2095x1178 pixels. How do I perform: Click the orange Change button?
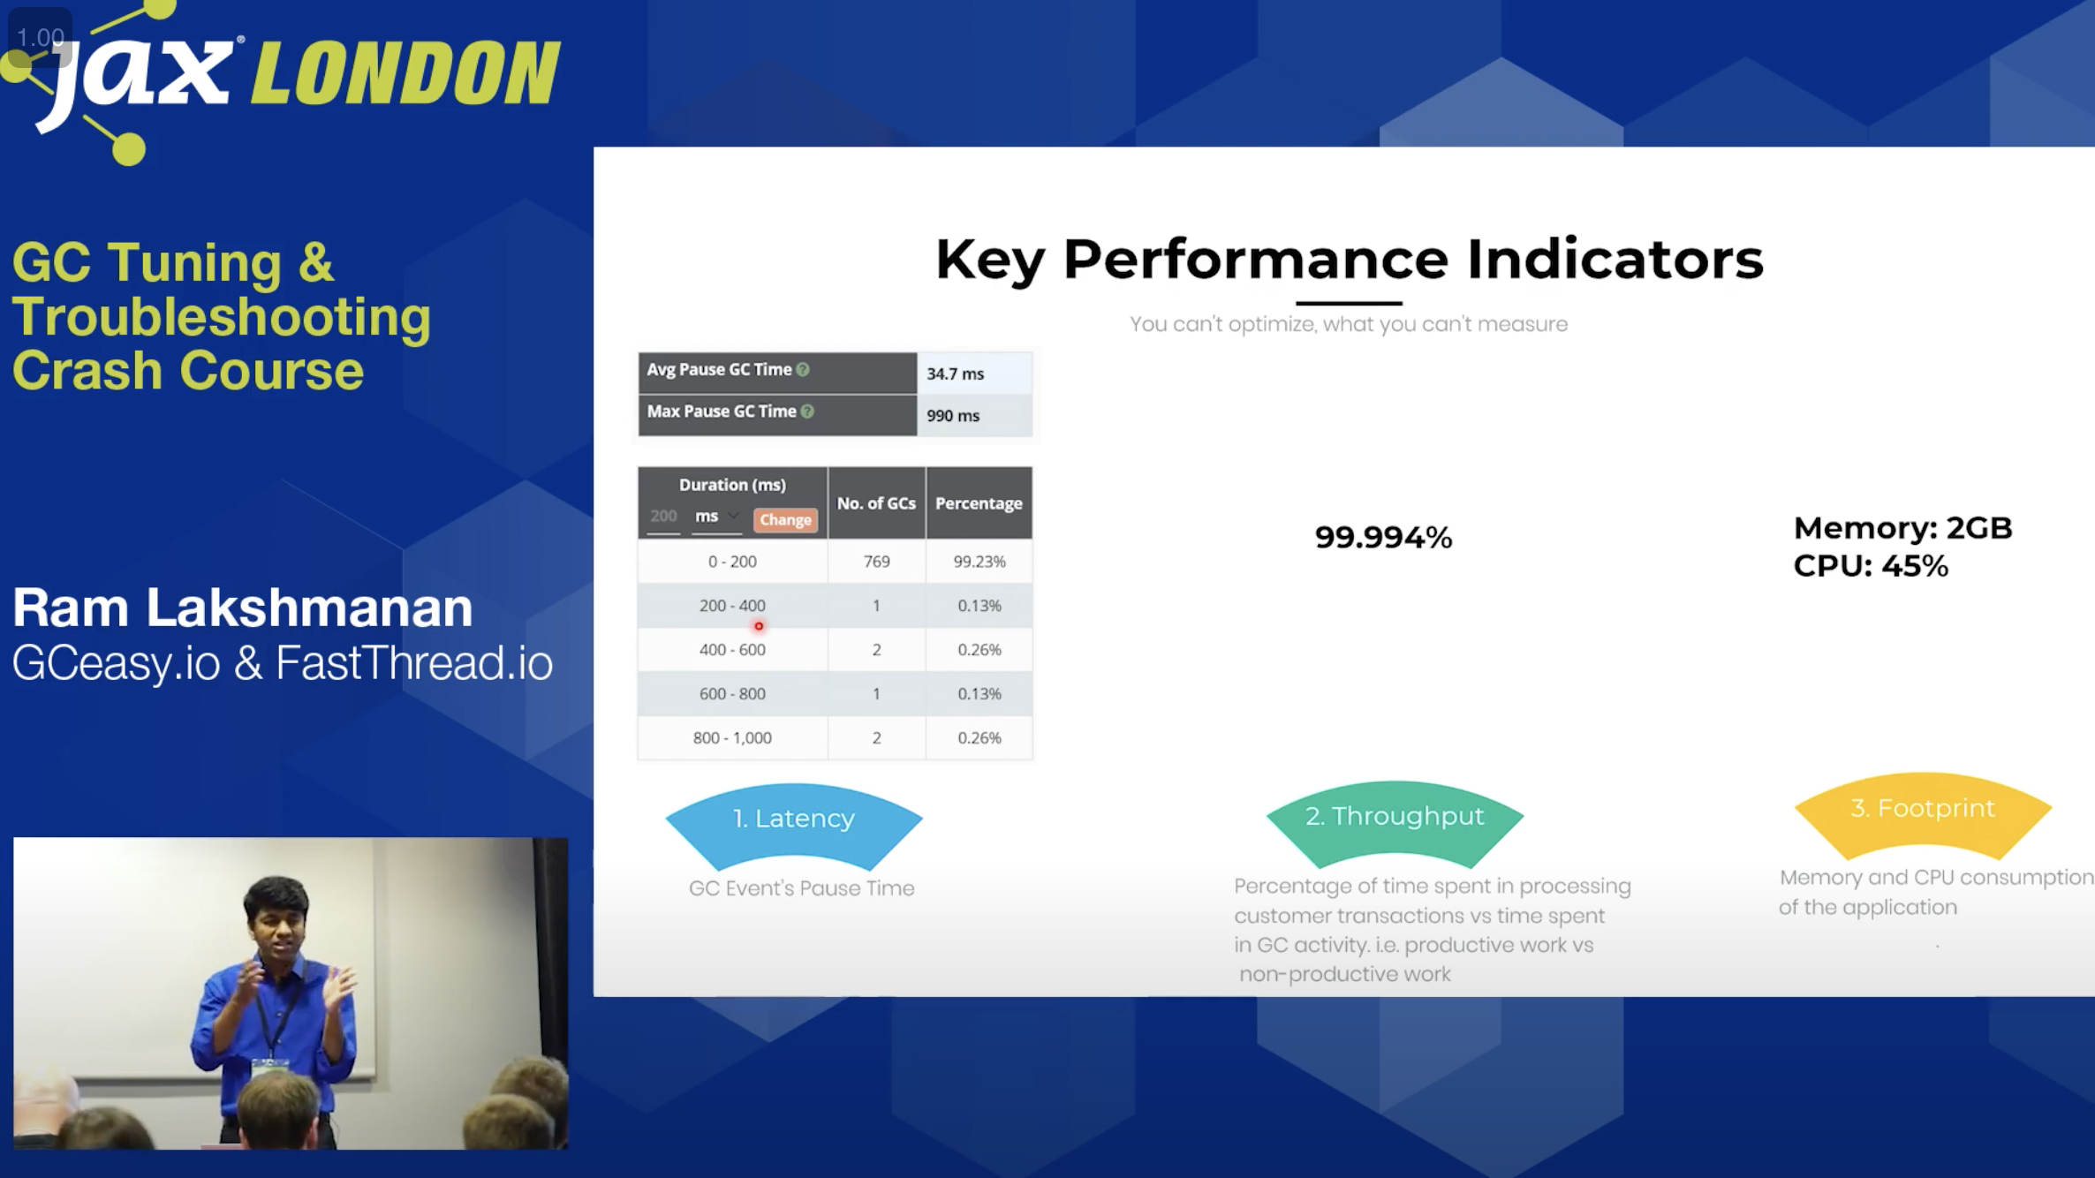pyautogui.click(x=785, y=520)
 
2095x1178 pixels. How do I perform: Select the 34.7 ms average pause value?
pyautogui.click(x=955, y=374)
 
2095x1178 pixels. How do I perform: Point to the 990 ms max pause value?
pyautogui.click(x=953, y=415)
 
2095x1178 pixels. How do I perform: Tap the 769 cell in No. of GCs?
pyautogui.click(x=876, y=562)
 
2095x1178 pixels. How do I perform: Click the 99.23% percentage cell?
pyautogui.click(x=979, y=562)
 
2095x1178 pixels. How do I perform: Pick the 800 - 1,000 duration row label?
pyautogui.click(x=732, y=737)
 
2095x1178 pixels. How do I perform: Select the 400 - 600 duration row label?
pyautogui.click(x=732, y=649)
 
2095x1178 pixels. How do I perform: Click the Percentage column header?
pyautogui.click(x=979, y=503)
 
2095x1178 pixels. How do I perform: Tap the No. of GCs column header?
pyautogui.click(x=876, y=503)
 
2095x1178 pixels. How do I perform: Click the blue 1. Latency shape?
pyautogui.click(x=794, y=821)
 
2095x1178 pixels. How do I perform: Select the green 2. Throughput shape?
pyautogui.click(x=1395, y=819)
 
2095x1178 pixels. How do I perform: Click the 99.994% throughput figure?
pyautogui.click(x=1383, y=537)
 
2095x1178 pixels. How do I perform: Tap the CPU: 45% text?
pyautogui.click(x=1871, y=566)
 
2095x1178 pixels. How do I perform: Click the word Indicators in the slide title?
pyautogui.click(x=1615, y=260)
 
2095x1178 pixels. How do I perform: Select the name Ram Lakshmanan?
pyautogui.click(x=243, y=608)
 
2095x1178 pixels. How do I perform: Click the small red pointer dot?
pyautogui.click(x=759, y=626)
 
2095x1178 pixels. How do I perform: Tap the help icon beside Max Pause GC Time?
pyautogui.click(x=807, y=412)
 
